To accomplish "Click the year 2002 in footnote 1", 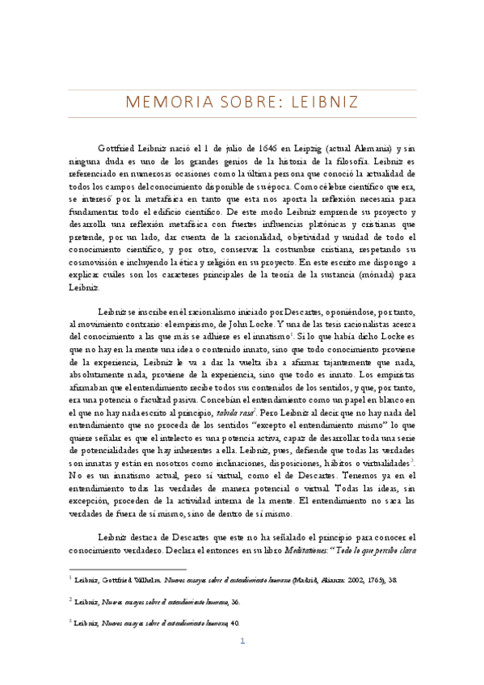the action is [365, 579].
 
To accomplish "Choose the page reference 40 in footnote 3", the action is [235, 623].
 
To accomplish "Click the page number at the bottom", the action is [242, 663].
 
